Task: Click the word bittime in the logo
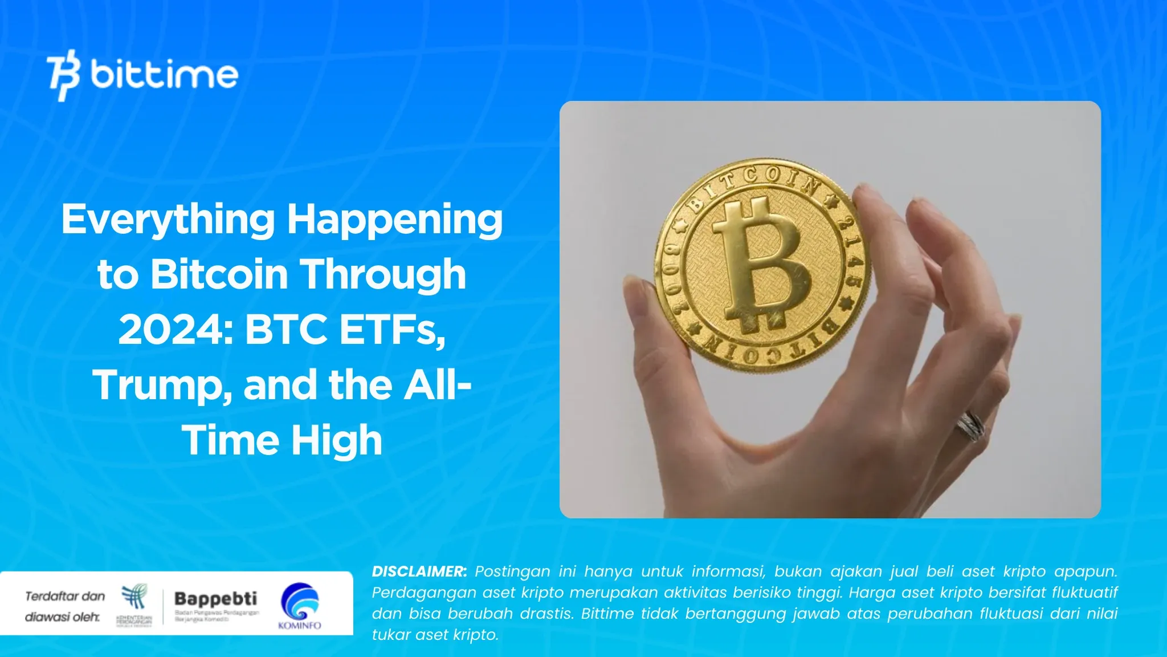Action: click(164, 75)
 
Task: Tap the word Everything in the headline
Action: click(168, 220)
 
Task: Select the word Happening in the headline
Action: click(394, 220)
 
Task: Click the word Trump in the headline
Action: click(162, 386)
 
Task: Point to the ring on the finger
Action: click(970, 425)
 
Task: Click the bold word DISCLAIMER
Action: click(419, 571)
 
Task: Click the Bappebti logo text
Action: click(215, 599)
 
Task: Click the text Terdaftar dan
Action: click(65, 597)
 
